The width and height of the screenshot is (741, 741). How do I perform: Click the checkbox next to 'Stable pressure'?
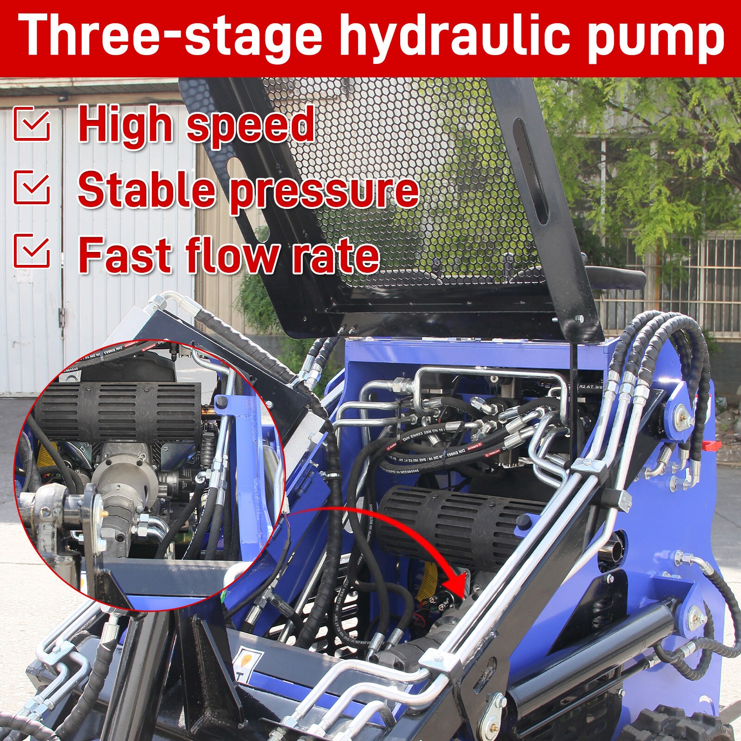(31, 187)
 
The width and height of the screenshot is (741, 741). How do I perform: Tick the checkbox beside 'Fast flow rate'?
(31, 251)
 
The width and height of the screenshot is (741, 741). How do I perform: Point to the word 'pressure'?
(324, 190)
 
